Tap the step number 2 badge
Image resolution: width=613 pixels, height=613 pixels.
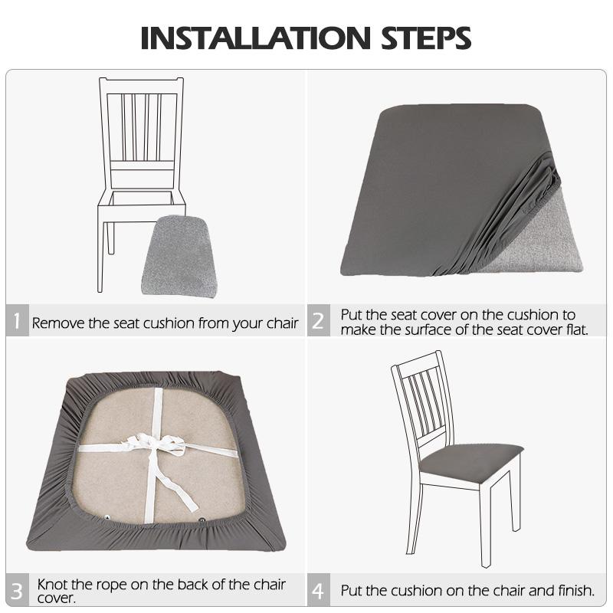click(318, 322)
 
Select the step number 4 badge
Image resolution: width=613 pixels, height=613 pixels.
click(318, 591)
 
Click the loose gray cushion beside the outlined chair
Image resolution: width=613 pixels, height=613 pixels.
click(178, 256)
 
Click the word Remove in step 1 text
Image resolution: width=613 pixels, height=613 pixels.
click(58, 323)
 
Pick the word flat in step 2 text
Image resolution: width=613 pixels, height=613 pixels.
click(574, 329)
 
